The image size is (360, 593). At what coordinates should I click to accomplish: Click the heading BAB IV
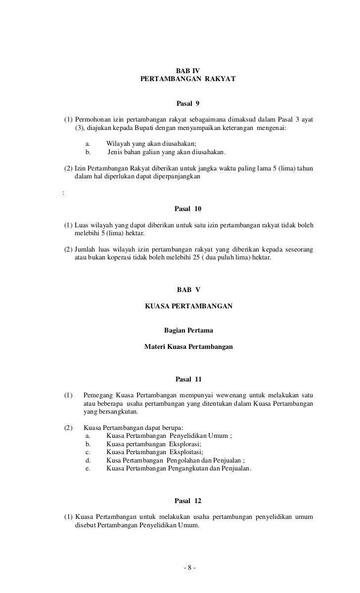pyautogui.click(x=188, y=71)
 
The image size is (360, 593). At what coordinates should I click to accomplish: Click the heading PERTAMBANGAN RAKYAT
pyautogui.click(x=188, y=79)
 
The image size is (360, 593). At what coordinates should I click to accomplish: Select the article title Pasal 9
pyautogui.click(x=188, y=104)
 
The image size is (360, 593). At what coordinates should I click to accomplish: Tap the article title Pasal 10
pyautogui.click(x=188, y=209)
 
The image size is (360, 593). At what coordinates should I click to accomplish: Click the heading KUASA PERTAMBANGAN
pyautogui.click(x=188, y=306)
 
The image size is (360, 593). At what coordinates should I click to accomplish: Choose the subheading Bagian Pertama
pyautogui.click(x=188, y=331)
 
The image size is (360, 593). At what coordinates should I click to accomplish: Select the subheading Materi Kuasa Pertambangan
pyautogui.click(x=188, y=347)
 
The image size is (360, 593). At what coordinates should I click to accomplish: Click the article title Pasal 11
pyautogui.click(x=188, y=380)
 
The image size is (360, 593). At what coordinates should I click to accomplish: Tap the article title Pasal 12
pyautogui.click(x=188, y=501)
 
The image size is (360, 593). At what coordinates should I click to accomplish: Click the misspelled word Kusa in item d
pyautogui.click(x=114, y=461)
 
